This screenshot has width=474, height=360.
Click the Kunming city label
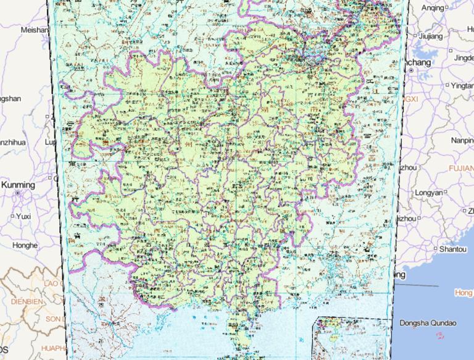19,185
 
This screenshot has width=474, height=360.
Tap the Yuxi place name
23,216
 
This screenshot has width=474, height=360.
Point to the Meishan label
35,30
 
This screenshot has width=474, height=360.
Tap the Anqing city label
433,7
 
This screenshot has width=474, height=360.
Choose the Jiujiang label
431,36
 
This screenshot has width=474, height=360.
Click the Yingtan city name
460,85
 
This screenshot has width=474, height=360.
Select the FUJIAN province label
460,168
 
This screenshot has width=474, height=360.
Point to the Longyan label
428,192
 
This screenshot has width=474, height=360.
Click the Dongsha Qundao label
428,323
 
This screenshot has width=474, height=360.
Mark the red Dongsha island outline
440,336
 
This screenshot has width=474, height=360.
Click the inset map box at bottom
352,338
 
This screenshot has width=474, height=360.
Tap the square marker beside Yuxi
12,216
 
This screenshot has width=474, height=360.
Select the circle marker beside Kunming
18,193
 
